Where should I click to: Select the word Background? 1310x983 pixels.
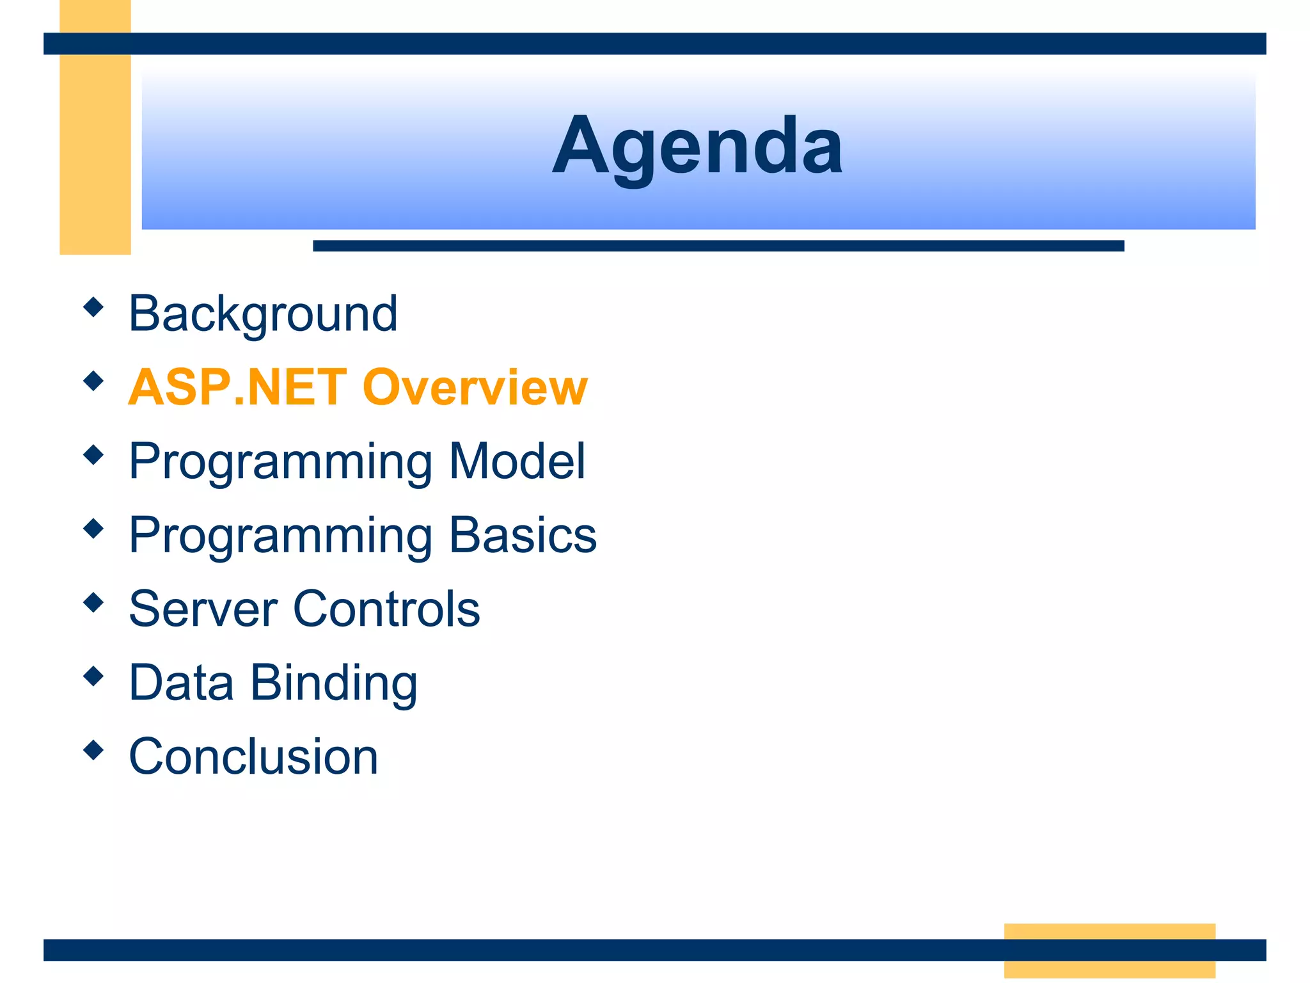263,314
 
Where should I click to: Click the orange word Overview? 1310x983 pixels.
475,387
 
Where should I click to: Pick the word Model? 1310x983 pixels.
517,461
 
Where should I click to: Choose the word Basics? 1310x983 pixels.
523,535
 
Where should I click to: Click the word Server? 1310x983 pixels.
203,609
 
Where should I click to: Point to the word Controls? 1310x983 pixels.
386,609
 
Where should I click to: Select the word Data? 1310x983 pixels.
181,682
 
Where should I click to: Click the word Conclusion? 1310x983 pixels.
253,756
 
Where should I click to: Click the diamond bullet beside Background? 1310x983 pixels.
93,307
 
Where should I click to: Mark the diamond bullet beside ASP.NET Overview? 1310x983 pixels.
93,381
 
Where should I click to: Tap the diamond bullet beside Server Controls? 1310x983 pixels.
93,602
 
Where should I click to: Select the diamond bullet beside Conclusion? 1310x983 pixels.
93,750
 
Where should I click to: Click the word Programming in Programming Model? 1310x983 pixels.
280,462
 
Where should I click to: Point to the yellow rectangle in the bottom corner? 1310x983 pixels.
1109,950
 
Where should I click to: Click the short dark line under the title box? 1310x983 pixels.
718,246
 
